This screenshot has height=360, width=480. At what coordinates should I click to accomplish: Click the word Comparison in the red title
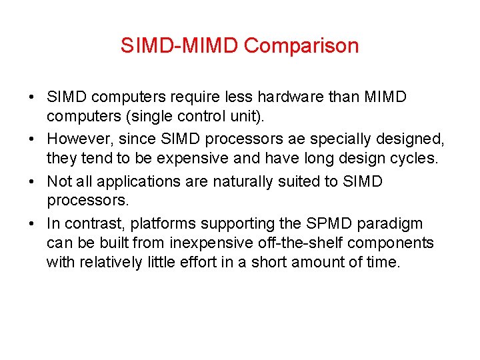301,46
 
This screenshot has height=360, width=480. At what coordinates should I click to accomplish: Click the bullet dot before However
33,139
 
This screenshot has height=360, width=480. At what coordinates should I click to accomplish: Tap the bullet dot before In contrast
33,223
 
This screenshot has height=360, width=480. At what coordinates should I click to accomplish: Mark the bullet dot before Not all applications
33,181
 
